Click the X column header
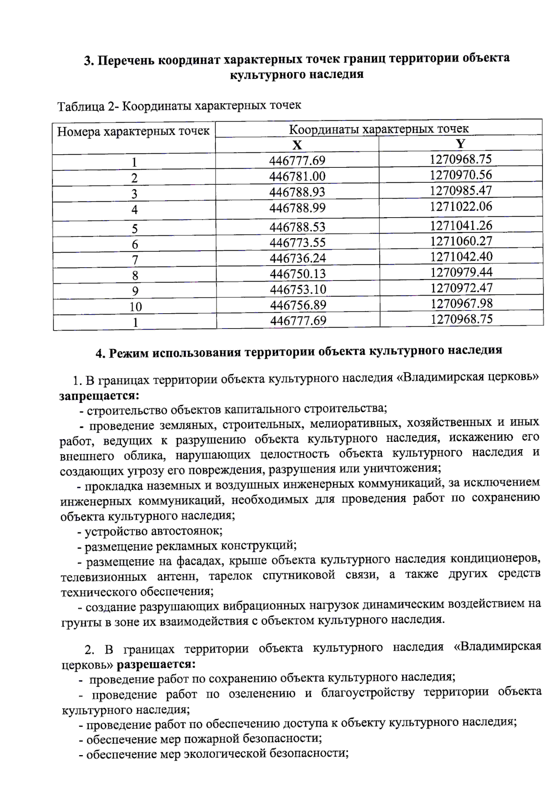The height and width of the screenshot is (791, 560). coord(297,144)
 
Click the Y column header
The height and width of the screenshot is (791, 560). coord(461,143)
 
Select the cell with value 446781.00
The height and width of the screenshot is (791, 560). coord(297,176)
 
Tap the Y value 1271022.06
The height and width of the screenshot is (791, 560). coord(461,206)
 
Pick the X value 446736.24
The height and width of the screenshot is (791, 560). coord(298,258)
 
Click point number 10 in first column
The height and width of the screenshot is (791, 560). coord(135,307)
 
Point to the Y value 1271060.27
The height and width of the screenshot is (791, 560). coord(461,241)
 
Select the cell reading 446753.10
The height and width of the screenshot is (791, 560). coord(298,289)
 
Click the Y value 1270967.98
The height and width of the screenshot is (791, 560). coord(461,303)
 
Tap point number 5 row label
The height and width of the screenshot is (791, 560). coord(135,228)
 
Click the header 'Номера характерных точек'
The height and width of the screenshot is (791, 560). coord(133,131)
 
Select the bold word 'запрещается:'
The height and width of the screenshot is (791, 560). coord(99,396)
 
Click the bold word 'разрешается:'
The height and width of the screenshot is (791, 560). coord(156,664)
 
